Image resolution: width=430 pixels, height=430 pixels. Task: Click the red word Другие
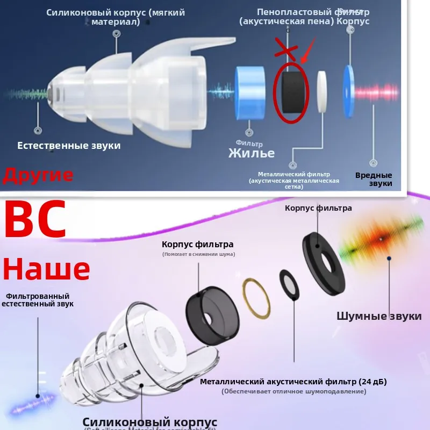pyautogui.click(x=38, y=175)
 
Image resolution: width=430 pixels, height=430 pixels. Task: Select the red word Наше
pyautogui.click(x=46, y=269)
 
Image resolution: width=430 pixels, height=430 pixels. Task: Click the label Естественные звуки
pyautogui.click(x=69, y=146)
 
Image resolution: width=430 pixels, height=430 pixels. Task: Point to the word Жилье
pyautogui.click(x=252, y=153)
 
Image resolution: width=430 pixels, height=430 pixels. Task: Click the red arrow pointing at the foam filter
pyautogui.click(x=307, y=54)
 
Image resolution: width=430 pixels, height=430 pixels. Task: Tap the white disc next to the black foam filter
pyautogui.click(x=323, y=92)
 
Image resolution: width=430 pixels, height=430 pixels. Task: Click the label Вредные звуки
pyautogui.click(x=374, y=179)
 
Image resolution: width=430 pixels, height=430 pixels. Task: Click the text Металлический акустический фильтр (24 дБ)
pyautogui.click(x=293, y=382)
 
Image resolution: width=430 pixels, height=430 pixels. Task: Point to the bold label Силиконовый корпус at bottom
pyautogui.click(x=150, y=421)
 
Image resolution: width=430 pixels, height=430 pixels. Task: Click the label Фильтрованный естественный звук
pyautogui.click(x=38, y=300)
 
